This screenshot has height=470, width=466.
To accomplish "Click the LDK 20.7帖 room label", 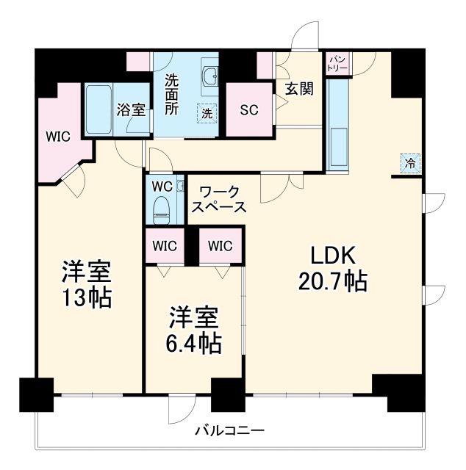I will [x=332, y=268].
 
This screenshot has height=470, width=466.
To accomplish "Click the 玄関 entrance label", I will [x=299, y=89].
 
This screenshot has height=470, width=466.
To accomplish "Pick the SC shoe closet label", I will [x=249, y=110].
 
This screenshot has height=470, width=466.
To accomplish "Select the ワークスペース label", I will [x=219, y=199].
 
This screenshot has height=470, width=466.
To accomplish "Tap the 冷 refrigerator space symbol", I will [x=411, y=163].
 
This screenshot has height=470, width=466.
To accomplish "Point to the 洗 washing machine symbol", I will [x=207, y=114].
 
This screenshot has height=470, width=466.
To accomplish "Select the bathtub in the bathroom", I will [x=98, y=110].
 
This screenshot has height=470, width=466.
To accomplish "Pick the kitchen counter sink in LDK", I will [x=339, y=139].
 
